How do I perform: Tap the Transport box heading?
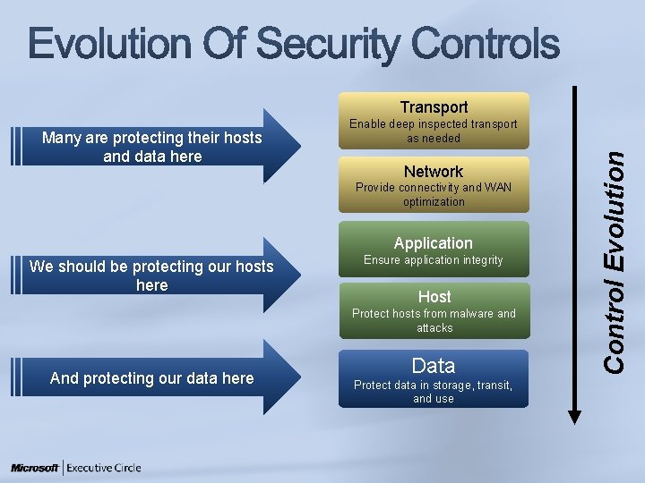click(434, 107)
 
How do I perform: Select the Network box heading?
click(434, 172)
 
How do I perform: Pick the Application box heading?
click(434, 243)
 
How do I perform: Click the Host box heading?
click(434, 296)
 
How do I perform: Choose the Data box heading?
click(434, 365)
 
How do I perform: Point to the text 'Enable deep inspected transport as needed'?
click(434, 131)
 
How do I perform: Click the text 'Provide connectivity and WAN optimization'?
click(434, 194)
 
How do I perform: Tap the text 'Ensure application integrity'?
click(434, 260)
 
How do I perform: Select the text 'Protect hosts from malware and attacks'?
click(434, 320)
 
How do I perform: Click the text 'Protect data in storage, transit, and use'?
click(434, 392)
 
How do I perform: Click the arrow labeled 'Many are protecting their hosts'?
click(152, 147)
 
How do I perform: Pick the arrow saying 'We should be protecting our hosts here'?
click(152, 275)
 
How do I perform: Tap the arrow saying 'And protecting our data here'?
click(152, 378)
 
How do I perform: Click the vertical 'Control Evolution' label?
click(615, 259)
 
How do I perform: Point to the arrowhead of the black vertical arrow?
click(575, 411)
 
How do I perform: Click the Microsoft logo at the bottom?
click(35, 468)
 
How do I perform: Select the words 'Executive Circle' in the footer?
click(104, 468)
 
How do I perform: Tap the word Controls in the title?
click(483, 44)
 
